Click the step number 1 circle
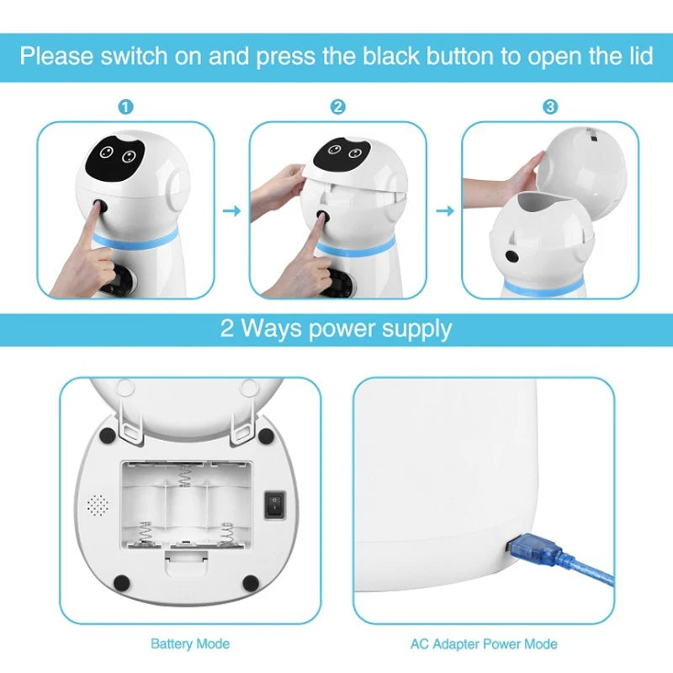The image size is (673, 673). (x=125, y=107)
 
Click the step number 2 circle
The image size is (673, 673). (x=337, y=107)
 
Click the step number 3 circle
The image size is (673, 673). (x=549, y=107)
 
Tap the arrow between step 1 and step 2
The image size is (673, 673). (x=231, y=211)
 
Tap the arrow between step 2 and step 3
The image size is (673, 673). (x=443, y=211)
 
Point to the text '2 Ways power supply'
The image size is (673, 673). (x=336, y=328)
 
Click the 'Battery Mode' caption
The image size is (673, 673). (x=189, y=644)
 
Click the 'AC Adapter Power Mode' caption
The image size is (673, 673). (x=484, y=644)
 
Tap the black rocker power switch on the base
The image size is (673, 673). (x=274, y=505)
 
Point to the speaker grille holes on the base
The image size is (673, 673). (x=98, y=505)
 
